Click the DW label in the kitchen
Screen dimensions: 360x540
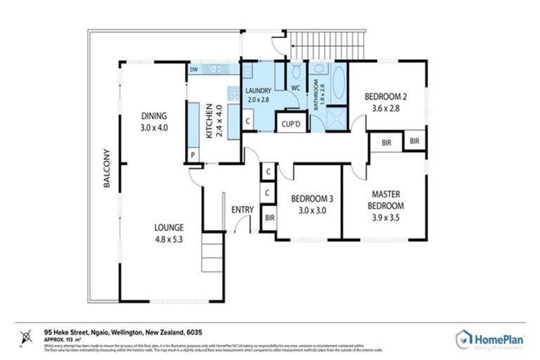193,70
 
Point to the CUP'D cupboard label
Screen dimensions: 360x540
291,124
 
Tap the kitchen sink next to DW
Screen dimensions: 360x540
214,70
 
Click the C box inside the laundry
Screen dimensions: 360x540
249,122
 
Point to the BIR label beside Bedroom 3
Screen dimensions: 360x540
269,218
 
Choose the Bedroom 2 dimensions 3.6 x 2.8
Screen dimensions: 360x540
385,109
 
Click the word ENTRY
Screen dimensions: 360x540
242,210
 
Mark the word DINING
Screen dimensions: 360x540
153,116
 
